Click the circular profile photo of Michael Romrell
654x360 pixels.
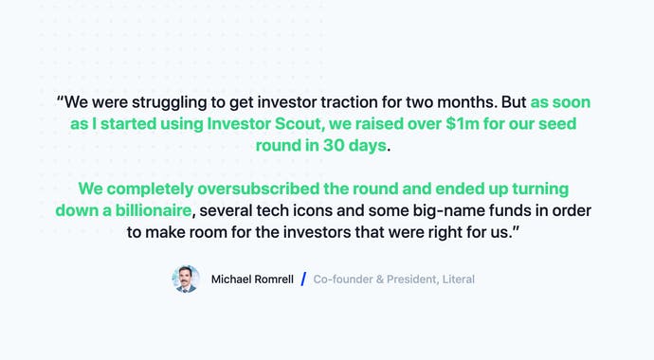186,279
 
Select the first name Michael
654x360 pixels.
232,279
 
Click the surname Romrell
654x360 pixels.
275,279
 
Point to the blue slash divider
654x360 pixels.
303,279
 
